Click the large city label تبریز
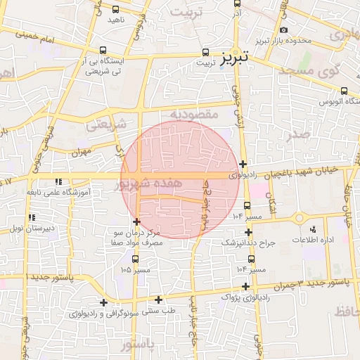coord(234,58)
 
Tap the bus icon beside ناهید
coord(116,10)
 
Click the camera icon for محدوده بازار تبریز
coord(283,30)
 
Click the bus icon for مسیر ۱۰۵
coord(135,258)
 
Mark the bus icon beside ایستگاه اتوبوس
coord(344,90)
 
